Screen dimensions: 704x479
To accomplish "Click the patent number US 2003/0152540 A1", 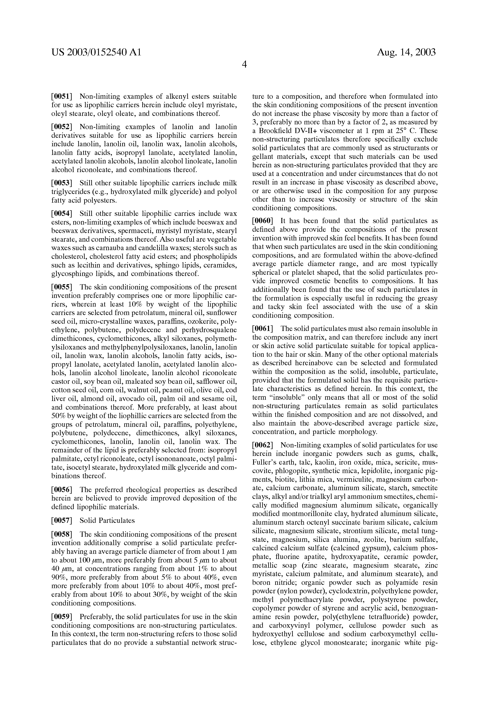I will tap(96, 52).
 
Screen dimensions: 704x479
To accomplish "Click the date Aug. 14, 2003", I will tap(406, 52).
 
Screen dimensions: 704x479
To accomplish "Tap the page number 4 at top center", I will tap(244, 64).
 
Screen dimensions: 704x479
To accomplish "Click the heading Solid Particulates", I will tap(107, 520).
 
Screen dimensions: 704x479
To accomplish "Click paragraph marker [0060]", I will tap(263, 221).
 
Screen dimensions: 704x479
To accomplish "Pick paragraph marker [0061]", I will tap(263, 329).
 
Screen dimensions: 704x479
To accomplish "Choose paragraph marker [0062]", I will tap(263, 445).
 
